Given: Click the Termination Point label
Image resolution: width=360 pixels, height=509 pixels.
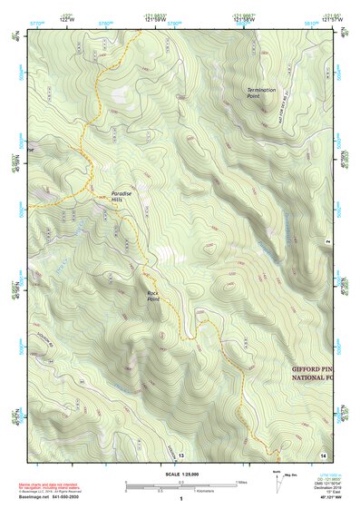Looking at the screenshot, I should tap(263, 93).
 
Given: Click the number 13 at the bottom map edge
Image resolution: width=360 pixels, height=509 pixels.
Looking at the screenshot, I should tap(180, 454).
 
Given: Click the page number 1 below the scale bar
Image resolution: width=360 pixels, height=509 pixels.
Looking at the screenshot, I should tap(180, 500).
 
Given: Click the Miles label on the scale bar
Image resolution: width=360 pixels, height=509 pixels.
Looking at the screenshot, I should tap(241, 482).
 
